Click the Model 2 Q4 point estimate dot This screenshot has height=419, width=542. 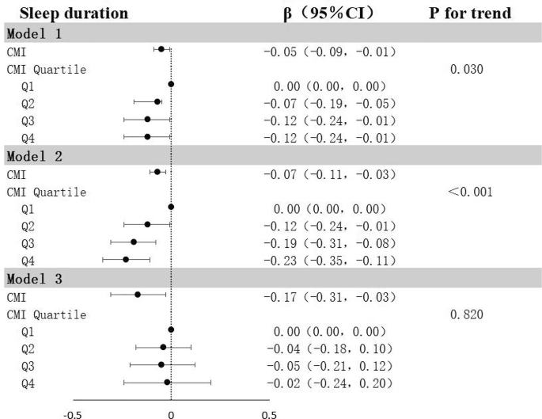pyautogui.click(x=126, y=260)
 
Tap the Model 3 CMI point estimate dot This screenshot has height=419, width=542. pyautogui.click(x=138, y=295)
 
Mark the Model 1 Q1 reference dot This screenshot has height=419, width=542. pyautogui.click(x=171, y=84)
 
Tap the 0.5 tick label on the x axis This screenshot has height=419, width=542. pyautogui.click(x=268, y=413)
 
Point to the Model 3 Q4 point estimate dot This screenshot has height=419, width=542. pyautogui.click(x=167, y=383)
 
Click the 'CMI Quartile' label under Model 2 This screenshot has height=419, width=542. pyautogui.click(x=47, y=192)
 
